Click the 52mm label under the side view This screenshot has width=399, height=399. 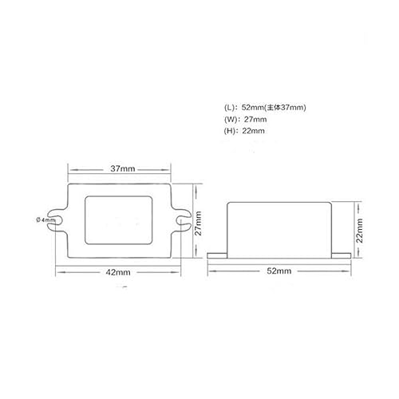(280, 271)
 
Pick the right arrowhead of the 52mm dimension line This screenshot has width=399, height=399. (348, 271)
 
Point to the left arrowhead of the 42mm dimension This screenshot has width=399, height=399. (57, 272)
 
